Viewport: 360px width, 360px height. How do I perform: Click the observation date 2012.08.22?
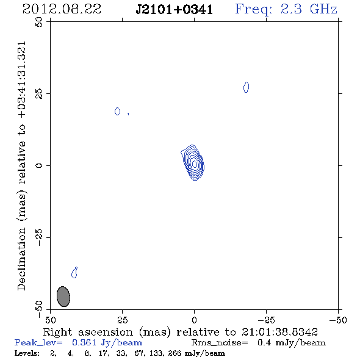pyautogui.click(x=62, y=9)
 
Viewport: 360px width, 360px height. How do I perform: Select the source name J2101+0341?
pyautogui.click(x=175, y=10)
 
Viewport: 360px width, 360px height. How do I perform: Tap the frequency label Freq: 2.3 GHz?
pyautogui.click(x=286, y=9)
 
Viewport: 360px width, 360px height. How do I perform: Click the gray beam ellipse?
pyautogui.click(x=63, y=297)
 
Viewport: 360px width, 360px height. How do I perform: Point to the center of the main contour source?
pyautogui.click(x=195, y=164)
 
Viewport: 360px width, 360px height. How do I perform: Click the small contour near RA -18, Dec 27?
pyautogui.click(x=246, y=87)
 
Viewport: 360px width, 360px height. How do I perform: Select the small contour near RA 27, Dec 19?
pyautogui.click(x=117, y=111)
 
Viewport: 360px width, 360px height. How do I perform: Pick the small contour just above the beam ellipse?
pyautogui.click(x=74, y=273)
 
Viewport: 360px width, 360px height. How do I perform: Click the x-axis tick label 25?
pyautogui.click(x=123, y=320)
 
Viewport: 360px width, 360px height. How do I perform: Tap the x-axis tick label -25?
pyautogui.click(x=266, y=320)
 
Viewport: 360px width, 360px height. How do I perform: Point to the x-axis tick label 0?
pyautogui.click(x=194, y=320)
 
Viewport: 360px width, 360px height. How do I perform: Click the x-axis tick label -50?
pyautogui.click(x=338, y=320)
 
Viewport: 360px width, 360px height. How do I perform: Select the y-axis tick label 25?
pyautogui.click(x=39, y=93)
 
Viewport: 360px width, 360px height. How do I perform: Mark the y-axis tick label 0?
pyautogui.click(x=39, y=165)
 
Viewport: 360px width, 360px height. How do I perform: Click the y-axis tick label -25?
pyautogui.click(x=39, y=237)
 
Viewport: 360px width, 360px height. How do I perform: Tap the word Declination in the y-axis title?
pyautogui.click(x=21, y=259)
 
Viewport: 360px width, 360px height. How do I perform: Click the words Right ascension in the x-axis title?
pyautogui.click(x=88, y=332)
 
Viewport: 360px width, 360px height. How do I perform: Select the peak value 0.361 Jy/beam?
pyautogui.click(x=107, y=342)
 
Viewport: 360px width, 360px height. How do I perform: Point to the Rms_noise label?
pyautogui.click(x=220, y=343)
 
